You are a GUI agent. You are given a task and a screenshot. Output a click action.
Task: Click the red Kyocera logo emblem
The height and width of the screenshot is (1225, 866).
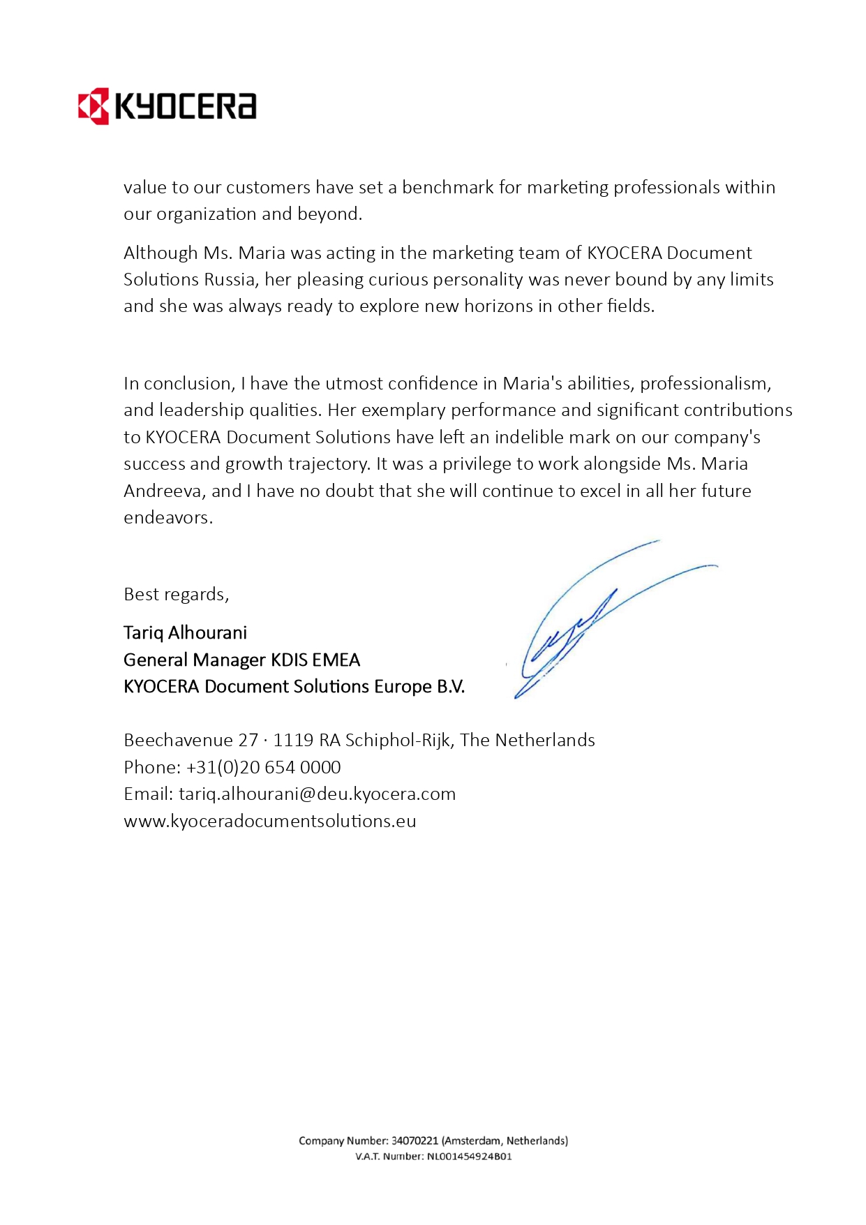tap(94, 106)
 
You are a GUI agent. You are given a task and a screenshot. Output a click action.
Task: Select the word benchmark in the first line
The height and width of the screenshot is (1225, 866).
tap(447, 188)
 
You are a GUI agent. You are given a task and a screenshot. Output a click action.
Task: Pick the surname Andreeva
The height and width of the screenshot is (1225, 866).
tap(163, 491)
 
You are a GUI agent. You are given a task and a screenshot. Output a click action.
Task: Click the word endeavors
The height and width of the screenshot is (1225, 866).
tap(167, 518)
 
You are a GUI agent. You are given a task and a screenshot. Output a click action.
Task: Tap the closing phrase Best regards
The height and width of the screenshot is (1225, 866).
tap(176, 595)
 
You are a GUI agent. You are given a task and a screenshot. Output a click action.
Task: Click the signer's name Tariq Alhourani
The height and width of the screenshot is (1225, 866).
tap(185, 633)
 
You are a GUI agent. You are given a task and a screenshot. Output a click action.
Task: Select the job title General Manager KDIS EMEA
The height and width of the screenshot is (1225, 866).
tap(241, 660)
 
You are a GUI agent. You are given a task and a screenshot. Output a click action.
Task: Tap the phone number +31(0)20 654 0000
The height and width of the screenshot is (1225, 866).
tap(263, 768)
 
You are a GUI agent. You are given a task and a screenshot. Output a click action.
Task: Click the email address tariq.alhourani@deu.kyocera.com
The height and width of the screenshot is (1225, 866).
tap(317, 794)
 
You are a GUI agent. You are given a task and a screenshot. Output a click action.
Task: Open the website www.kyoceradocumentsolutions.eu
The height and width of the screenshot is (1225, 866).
tap(269, 822)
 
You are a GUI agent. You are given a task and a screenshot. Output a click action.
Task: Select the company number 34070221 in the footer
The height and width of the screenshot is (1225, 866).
tap(415, 1141)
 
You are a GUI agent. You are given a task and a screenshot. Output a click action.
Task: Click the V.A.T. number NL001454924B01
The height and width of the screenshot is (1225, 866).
tap(469, 1157)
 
